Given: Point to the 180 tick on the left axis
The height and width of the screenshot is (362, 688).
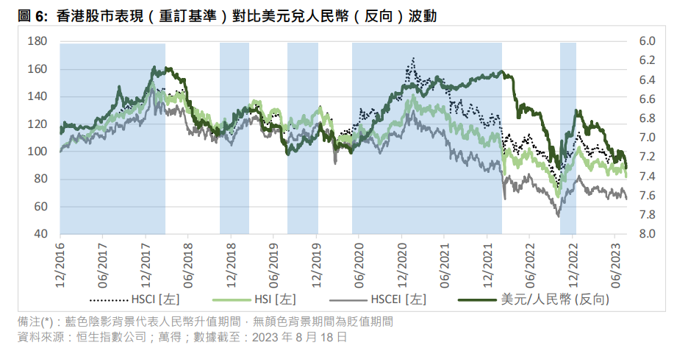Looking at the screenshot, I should [37, 41].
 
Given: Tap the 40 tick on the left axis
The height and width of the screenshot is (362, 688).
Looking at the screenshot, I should [40, 234].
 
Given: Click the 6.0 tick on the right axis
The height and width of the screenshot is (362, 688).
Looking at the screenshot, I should [647, 41].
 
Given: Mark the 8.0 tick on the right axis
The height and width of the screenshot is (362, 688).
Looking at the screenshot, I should [647, 234].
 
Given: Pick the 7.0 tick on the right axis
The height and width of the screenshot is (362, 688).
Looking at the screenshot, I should [647, 138].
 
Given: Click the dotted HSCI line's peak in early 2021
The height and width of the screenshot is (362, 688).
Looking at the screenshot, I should [413, 58].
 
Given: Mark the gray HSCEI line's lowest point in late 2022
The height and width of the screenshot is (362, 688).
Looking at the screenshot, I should [559, 216].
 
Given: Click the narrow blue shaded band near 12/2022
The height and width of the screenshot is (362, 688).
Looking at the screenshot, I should [567, 138].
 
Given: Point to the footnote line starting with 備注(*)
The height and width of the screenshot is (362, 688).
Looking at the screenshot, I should [205, 322].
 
